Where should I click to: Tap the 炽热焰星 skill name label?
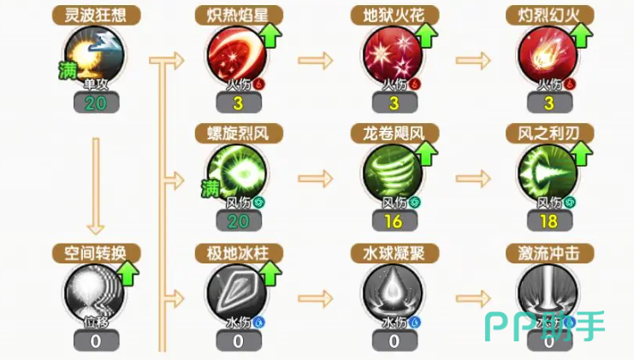click(x=237, y=15)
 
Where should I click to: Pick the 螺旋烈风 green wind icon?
click(x=237, y=172)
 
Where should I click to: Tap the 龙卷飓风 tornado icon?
click(x=394, y=172)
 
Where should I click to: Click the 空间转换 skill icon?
click(x=96, y=292)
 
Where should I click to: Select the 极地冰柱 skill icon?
click(x=237, y=292)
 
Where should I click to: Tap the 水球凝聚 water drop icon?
click(x=394, y=292)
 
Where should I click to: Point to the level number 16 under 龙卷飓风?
click(x=394, y=221)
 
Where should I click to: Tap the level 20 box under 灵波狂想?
click(x=96, y=103)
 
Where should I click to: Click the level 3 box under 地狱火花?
click(x=394, y=103)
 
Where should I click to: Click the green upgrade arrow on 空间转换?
click(x=128, y=275)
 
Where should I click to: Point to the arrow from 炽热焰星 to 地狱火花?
click(x=315, y=60)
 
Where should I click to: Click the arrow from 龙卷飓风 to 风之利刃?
click(x=471, y=180)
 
